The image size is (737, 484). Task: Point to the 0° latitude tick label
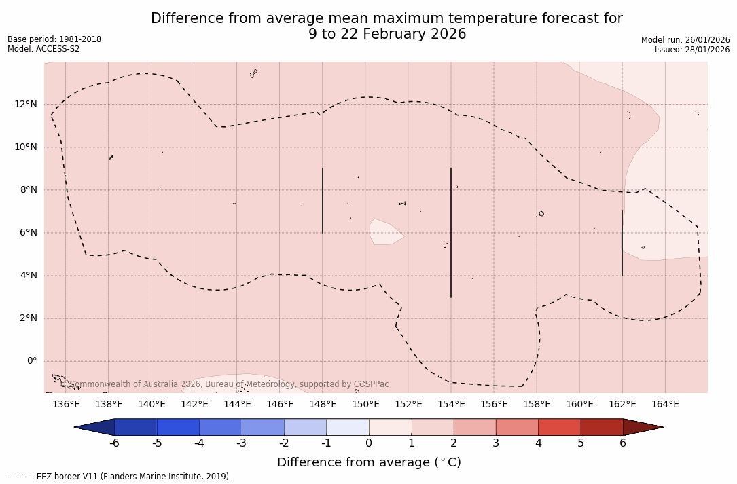click(x=31, y=361)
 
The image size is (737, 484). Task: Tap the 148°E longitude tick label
click(x=323, y=405)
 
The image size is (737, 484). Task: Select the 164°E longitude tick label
click(x=665, y=405)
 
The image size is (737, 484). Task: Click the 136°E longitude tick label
click(x=66, y=405)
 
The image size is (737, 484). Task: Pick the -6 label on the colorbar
click(x=114, y=443)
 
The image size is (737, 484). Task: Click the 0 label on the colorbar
click(x=369, y=443)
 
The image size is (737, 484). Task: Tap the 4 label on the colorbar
click(x=538, y=443)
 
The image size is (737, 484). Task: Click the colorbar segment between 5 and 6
click(x=602, y=427)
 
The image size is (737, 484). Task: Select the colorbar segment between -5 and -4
click(x=178, y=427)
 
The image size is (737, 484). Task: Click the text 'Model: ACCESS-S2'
click(x=43, y=49)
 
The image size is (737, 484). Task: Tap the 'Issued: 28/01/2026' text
click(x=692, y=50)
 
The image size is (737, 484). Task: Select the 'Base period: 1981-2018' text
click(x=54, y=39)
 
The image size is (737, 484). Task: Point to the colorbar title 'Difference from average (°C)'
click(x=369, y=462)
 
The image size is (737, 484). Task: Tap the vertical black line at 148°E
click(x=323, y=200)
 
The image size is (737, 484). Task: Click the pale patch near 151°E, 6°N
click(x=384, y=232)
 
